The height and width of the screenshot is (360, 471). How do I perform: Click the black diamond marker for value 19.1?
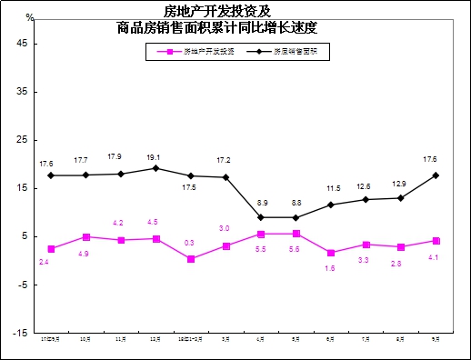[x=156, y=168]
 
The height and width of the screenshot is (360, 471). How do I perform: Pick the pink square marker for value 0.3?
[x=191, y=259]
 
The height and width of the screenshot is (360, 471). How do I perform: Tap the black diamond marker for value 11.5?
[x=331, y=205]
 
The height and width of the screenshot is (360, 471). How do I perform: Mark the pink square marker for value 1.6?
[x=331, y=253]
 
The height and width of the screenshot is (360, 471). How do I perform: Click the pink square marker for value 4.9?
[x=85, y=237]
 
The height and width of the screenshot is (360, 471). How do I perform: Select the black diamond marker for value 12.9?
[x=401, y=197]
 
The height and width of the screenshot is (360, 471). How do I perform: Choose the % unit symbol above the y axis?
[x=29, y=17]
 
